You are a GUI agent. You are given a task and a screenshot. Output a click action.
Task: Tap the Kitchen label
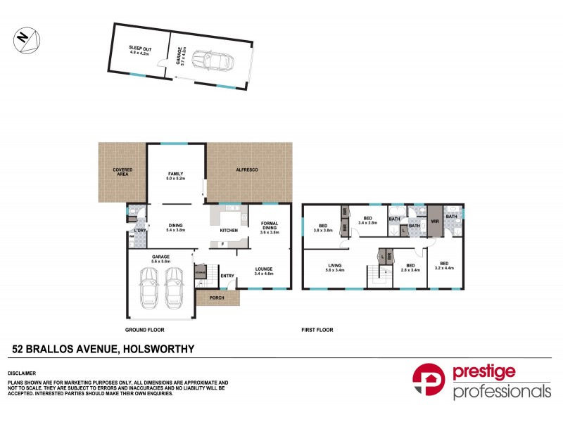click(x=229, y=231)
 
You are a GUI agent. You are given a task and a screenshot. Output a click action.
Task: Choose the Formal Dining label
click(x=270, y=228)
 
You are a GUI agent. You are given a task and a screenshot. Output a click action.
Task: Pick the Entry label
click(x=228, y=276)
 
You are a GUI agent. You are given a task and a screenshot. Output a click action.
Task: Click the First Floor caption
click(x=317, y=329)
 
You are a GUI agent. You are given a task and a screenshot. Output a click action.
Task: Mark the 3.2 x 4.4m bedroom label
click(x=445, y=265)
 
